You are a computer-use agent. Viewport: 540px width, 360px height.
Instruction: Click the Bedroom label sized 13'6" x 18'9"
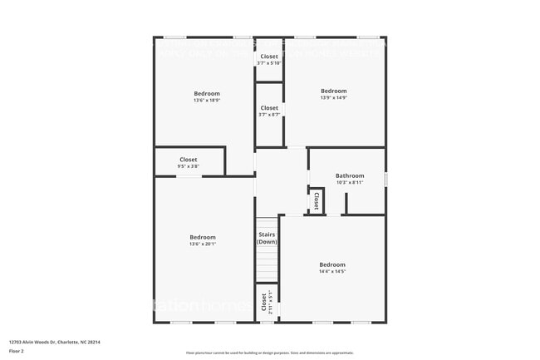(x=207, y=93)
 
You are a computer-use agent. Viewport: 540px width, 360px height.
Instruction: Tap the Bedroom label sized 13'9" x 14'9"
(x=333, y=91)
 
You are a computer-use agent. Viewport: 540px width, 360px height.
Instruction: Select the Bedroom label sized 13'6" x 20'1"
(x=203, y=237)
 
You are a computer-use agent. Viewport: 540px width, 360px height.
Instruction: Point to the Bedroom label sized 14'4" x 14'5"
(x=332, y=264)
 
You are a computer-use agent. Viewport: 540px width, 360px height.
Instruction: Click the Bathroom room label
(x=350, y=175)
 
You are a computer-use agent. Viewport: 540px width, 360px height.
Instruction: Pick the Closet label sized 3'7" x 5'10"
(x=269, y=57)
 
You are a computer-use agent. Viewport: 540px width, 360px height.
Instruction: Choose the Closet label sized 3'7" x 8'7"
(x=269, y=108)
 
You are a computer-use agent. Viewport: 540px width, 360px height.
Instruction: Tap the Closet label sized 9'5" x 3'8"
(x=189, y=160)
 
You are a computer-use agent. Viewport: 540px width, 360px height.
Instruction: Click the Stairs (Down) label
(x=267, y=238)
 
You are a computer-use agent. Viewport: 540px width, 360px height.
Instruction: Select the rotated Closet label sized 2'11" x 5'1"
(x=264, y=301)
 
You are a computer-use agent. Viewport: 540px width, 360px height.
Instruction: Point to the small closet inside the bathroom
(x=316, y=200)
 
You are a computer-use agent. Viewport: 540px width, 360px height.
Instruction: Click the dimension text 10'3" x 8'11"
(x=350, y=182)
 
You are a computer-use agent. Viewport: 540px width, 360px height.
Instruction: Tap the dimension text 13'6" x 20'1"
(x=203, y=244)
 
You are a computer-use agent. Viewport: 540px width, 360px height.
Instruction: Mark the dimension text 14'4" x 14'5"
(x=332, y=271)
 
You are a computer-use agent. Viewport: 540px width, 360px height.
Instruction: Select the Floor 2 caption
(x=17, y=350)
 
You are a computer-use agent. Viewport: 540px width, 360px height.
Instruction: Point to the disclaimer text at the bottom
(x=269, y=353)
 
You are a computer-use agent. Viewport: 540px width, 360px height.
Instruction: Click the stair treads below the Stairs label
(x=267, y=266)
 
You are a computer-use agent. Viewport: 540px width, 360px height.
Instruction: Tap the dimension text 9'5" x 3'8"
(x=189, y=166)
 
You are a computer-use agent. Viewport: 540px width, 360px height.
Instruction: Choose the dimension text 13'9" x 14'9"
(x=333, y=98)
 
